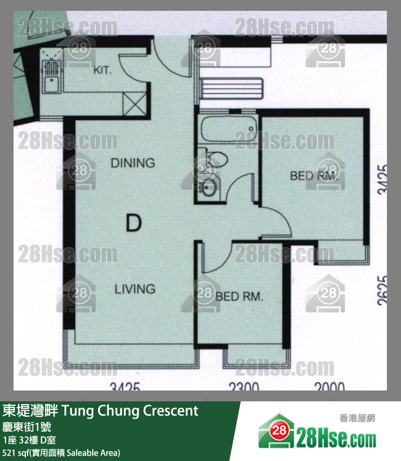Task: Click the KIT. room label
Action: [102, 71]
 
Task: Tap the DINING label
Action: [133, 162]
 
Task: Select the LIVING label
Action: [135, 289]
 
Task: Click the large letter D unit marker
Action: [133, 223]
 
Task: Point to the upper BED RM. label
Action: [314, 176]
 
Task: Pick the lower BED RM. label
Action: [239, 297]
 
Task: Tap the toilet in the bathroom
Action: [216, 159]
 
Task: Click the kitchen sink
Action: [52, 85]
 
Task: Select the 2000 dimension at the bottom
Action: [329, 387]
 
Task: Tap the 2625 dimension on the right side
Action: [383, 291]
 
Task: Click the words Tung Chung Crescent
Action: [131, 411]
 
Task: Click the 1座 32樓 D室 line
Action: [29, 440]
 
